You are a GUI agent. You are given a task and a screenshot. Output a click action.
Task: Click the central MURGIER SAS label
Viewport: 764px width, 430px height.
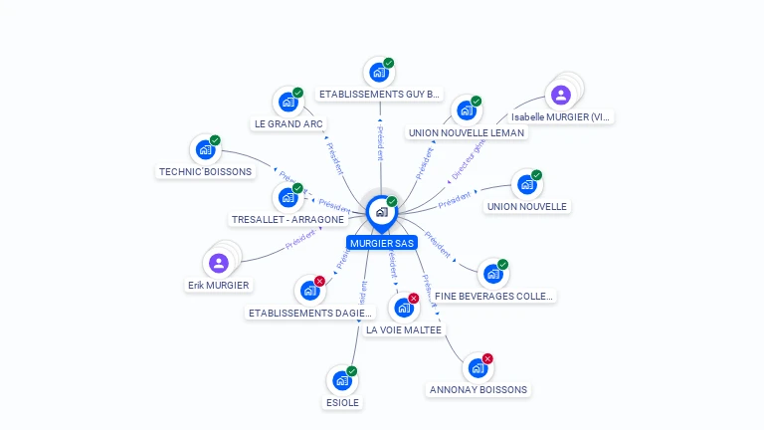382,243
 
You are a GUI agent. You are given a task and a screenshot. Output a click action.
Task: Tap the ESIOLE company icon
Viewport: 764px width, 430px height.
341,380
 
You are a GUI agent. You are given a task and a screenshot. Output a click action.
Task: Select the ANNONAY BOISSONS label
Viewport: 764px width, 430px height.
478,389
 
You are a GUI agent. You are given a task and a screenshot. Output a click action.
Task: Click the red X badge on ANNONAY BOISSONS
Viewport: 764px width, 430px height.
487,358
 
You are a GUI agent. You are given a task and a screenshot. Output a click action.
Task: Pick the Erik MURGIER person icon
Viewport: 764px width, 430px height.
220,263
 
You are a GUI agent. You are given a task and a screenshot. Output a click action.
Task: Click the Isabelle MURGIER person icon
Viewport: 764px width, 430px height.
560,96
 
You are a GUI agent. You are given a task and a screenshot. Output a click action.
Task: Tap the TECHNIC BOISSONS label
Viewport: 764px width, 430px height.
204,171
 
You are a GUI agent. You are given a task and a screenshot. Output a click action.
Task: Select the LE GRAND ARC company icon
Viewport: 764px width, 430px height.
287,102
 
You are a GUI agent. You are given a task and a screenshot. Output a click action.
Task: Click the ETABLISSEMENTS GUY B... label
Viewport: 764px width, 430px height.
379,95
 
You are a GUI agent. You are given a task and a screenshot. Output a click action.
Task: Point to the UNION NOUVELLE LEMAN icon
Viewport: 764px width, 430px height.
466,110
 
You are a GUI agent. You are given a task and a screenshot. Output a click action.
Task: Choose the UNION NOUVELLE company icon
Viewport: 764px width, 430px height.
525,184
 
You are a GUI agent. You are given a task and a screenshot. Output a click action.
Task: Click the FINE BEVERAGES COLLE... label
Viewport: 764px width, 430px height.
493,296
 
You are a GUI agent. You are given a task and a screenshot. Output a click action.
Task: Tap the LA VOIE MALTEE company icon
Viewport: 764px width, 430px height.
403,308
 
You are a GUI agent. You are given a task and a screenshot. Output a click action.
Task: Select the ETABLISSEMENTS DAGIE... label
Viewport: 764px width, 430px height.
309,313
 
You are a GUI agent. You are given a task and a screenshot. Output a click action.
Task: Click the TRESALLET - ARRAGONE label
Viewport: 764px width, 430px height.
287,219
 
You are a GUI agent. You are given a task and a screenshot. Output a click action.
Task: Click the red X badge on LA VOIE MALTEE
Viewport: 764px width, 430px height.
413,298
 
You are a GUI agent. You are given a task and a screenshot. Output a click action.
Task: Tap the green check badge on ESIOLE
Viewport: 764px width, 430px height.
351,371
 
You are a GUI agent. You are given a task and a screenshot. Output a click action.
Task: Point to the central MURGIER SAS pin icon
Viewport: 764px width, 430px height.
381,211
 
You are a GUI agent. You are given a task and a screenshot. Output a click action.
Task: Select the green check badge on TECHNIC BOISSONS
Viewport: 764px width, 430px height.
215,140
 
